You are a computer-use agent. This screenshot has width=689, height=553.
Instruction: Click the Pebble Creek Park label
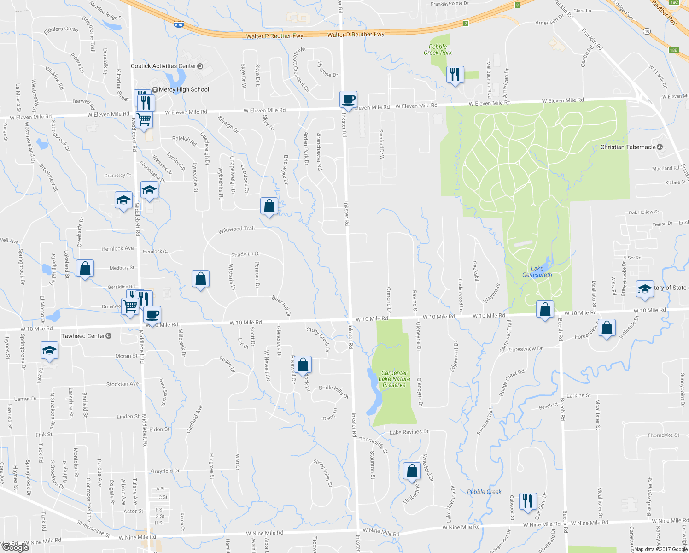tap(438, 50)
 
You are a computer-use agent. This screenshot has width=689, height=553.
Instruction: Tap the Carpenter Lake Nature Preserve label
tap(394, 379)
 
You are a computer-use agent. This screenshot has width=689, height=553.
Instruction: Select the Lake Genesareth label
tap(537, 271)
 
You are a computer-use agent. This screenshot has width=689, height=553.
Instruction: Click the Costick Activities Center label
tap(163, 66)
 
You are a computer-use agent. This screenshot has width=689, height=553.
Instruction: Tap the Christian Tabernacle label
tap(628, 147)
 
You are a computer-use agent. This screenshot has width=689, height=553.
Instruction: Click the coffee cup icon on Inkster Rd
tap(349, 100)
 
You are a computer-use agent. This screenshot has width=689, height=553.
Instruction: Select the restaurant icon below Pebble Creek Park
tap(455, 74)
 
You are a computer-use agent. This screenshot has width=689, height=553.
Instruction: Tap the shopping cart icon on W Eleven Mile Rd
tap(144, 120)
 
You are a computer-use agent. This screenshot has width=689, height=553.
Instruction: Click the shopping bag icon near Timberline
tap(412, 471)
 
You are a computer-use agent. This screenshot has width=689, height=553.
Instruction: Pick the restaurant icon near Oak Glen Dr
tap(528, 501)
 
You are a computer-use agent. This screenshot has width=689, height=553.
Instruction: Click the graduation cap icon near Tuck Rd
tap(49, 351)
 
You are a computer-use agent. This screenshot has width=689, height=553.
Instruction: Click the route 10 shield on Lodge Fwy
tap(647, 31)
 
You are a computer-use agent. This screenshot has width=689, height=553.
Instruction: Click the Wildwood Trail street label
tap(236, 229)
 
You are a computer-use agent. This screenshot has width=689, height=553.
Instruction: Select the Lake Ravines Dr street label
tap(409, 432)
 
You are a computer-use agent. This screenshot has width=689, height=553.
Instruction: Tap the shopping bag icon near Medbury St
tap(85, 268)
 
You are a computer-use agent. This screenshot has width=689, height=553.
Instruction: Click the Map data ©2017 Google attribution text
tap(660, 549)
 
